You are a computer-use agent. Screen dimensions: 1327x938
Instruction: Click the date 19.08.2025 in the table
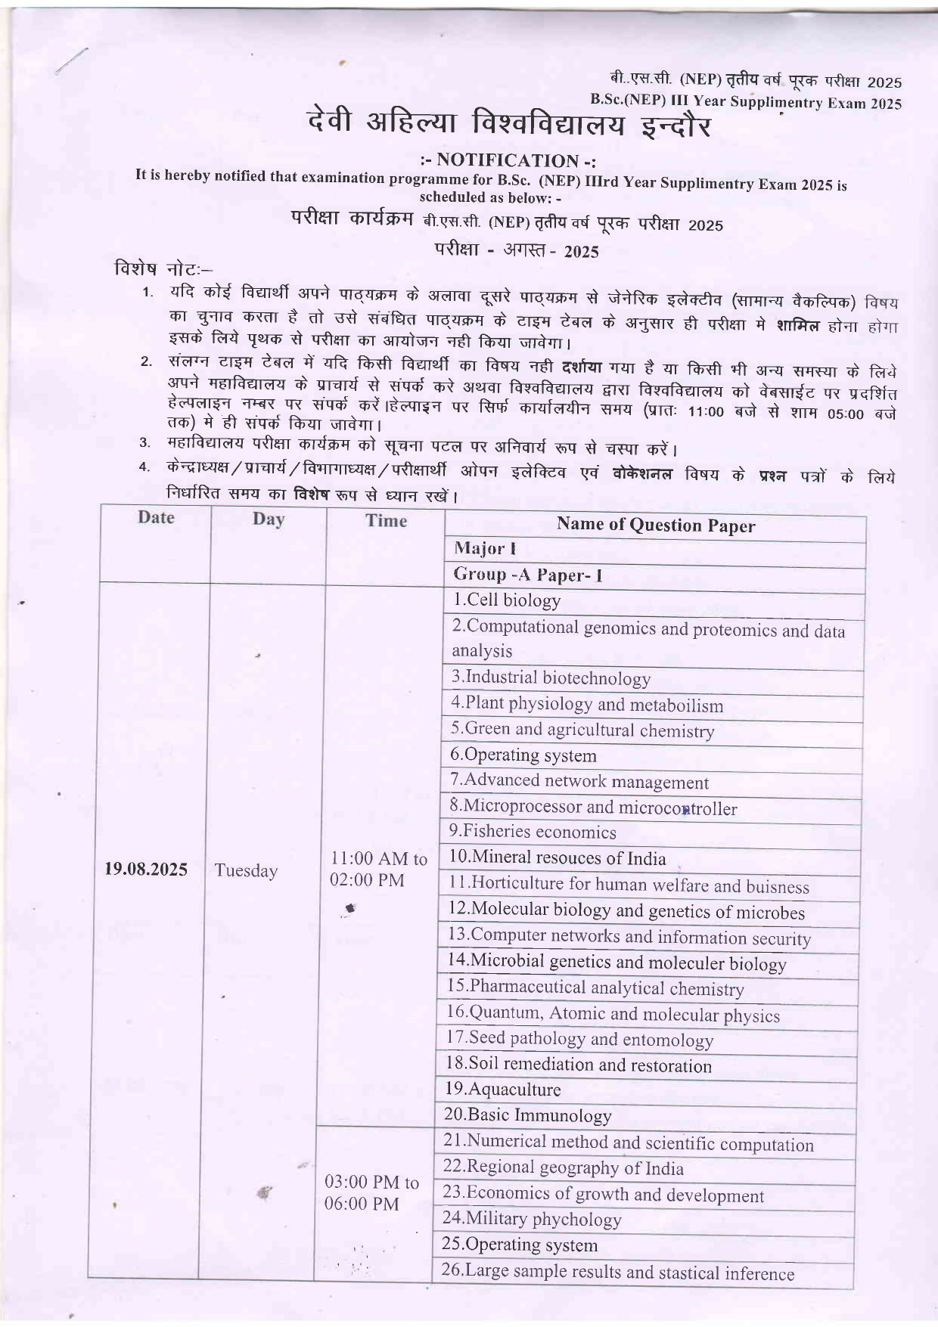coord(146,868)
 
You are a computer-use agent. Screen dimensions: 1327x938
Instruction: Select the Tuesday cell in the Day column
coord(246,870)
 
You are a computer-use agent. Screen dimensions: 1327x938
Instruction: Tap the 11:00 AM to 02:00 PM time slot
coord(378,870)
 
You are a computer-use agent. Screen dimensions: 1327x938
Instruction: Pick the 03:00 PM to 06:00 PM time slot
coord(371,1192)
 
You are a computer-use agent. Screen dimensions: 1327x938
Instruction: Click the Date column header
coord(156,518)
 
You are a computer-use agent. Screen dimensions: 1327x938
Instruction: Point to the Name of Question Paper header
coord(655,526)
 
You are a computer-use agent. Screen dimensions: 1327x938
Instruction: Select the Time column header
coord(386,520)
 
